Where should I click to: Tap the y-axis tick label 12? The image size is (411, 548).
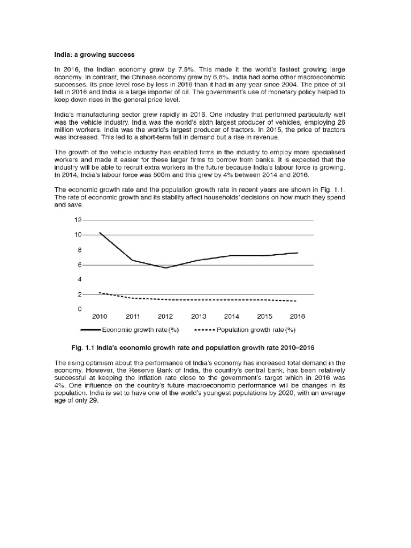coord(78,220)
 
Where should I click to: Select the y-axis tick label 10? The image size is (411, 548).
coord(78,235)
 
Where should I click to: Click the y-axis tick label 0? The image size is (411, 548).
coord(80,309)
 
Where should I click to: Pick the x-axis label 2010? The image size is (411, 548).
coord(100,317)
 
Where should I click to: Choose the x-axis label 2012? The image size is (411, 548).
coord(166,317)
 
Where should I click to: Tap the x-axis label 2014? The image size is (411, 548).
coord(232,317)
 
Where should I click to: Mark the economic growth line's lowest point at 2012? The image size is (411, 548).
coord(166,268)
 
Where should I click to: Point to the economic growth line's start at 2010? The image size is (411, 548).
coord(100,233)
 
